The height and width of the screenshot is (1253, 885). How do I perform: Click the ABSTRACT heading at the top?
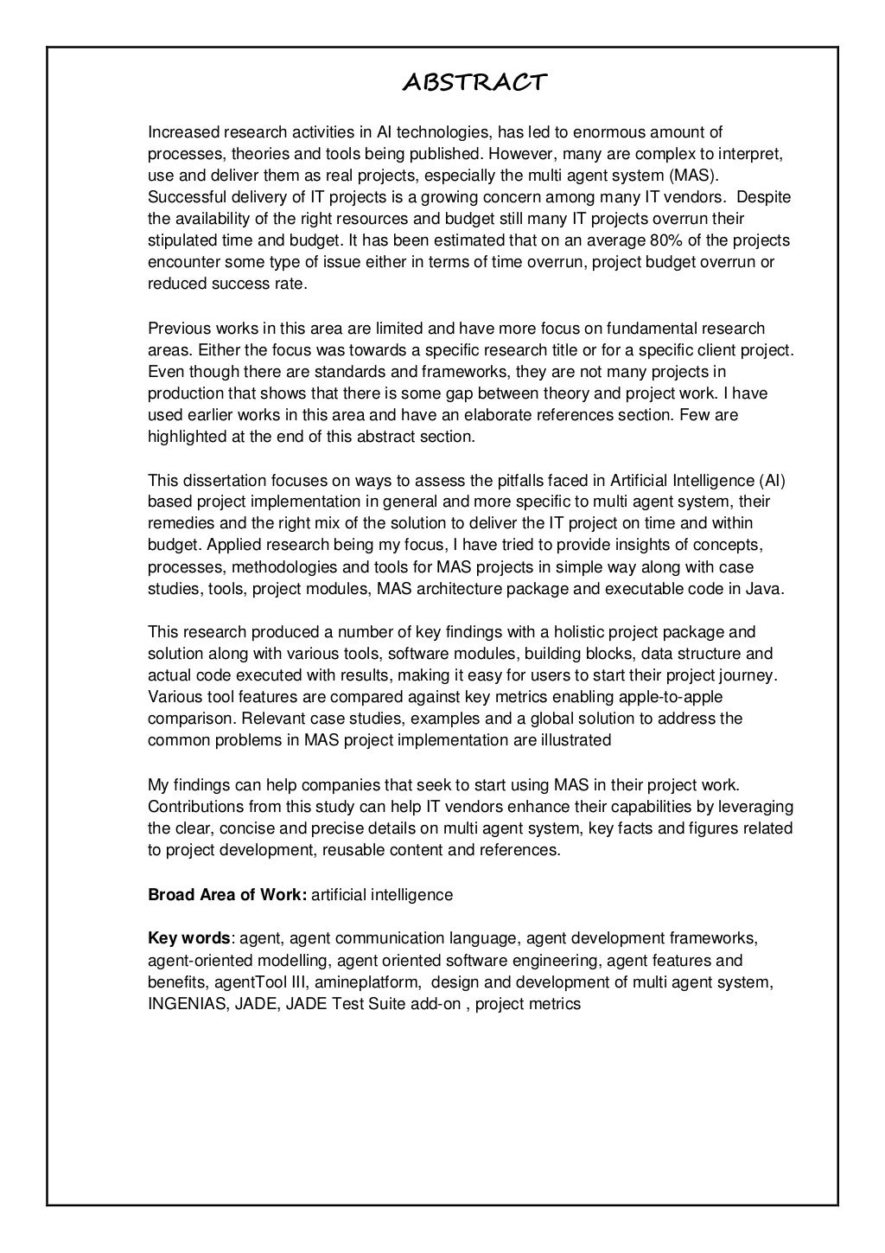(x=474, y=83)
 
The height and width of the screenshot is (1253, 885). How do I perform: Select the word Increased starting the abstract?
(x=184, y=132)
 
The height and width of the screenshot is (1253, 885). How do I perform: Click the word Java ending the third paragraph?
(x=767, y=589)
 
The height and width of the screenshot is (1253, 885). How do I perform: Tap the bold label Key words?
(x=189, y=939)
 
